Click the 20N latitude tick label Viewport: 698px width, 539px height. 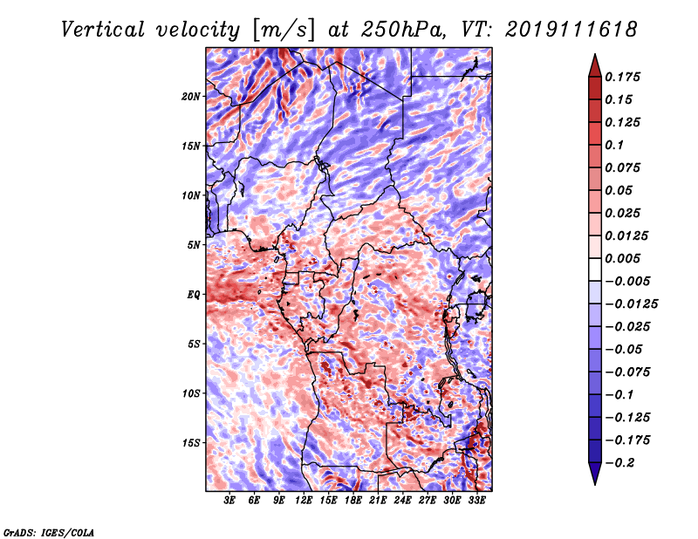[191, 96]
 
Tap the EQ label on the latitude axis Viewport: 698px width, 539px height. [194, 295]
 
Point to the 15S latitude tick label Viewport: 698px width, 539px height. [191, 443]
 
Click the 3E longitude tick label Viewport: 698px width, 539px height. [230, 501]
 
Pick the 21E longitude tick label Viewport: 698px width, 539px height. [378, 501]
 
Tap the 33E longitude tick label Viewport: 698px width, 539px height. [476, 501]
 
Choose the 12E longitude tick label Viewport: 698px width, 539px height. [304, 501]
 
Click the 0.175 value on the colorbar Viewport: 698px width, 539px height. [624, 78]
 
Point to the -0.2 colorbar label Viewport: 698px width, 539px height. [621, 463]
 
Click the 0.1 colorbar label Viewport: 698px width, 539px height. [615, 146]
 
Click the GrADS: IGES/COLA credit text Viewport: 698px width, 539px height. [48, 531]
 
